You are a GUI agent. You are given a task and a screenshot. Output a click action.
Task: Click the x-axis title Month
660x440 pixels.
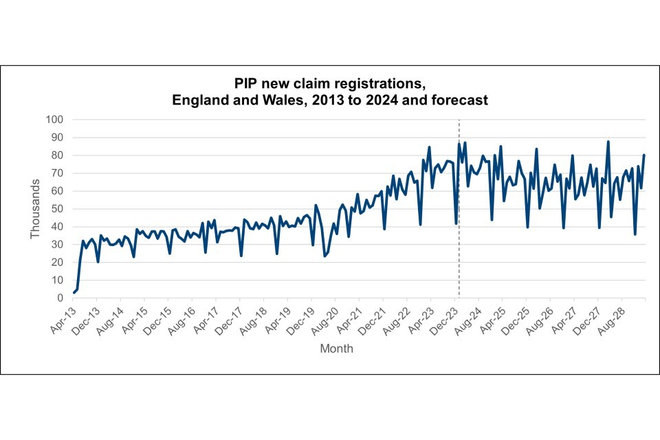click(337, 349)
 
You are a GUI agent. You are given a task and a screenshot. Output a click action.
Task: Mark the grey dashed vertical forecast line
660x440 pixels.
click(459, 206)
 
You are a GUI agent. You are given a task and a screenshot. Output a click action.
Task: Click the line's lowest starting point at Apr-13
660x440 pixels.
click(74, 293)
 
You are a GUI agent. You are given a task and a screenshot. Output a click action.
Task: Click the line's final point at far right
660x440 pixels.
click(644, 155)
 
